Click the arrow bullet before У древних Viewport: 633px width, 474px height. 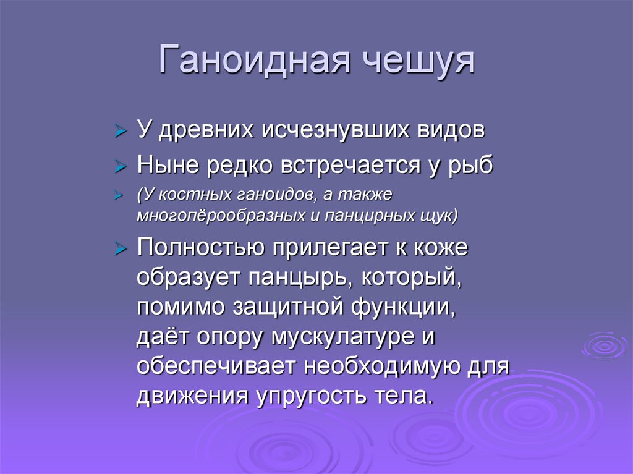[x=121, y=132]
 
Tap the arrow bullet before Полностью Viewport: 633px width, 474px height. [x=121, y=250]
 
